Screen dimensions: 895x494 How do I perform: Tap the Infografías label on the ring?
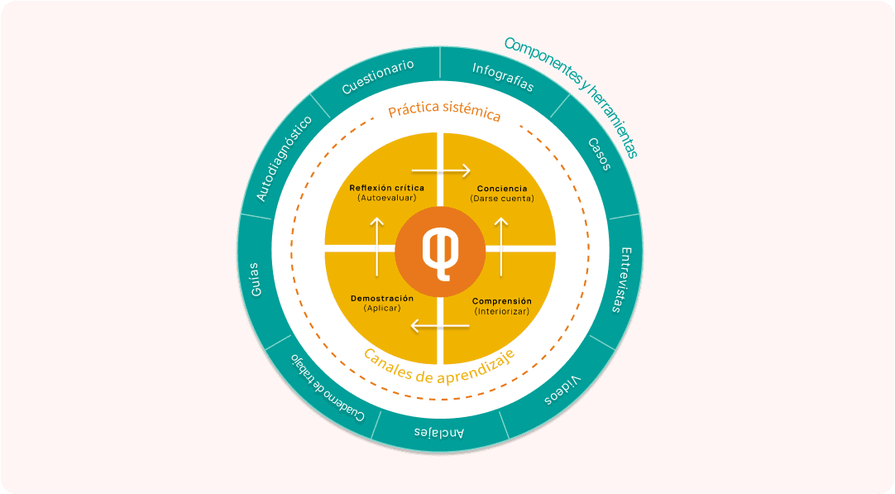point(503,76)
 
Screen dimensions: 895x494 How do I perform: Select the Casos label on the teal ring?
point(600,154)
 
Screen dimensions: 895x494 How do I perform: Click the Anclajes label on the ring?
point(438,433)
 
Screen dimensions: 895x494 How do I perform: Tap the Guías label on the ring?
point(254,280)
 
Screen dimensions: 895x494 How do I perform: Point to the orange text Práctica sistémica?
point(445,111)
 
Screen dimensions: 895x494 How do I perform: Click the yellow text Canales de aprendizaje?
point(439,363)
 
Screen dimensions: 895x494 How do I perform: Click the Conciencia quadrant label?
point(501,188)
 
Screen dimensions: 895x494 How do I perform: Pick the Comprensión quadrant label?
point(501,301)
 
